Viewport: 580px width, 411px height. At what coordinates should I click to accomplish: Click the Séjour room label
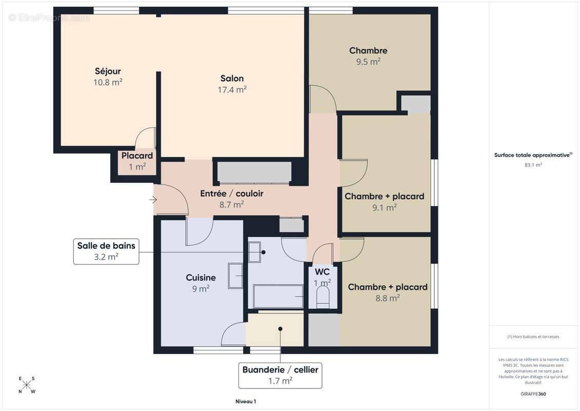[x=108, y=71]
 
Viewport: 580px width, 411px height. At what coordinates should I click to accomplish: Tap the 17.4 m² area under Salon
[x=232, y=89]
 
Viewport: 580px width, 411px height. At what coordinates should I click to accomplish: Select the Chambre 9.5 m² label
[x=368, y=55]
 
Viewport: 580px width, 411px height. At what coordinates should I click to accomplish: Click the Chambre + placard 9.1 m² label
[x=384, y=201]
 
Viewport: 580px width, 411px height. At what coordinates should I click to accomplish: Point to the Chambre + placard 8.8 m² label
[x=388, y=292]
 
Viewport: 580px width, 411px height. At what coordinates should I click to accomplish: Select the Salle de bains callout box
[x=106, y=251]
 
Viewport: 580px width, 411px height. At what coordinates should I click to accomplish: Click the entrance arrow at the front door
[x=153, y=200]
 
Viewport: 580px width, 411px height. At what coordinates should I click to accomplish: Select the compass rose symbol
[x=27, y=385]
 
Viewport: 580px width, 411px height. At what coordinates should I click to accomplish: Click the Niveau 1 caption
[x=242, y=401]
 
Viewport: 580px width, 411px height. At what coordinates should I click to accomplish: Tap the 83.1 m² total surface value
[x=533, y=165]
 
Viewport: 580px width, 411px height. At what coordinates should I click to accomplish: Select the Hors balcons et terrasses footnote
[x=533, y=337]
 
